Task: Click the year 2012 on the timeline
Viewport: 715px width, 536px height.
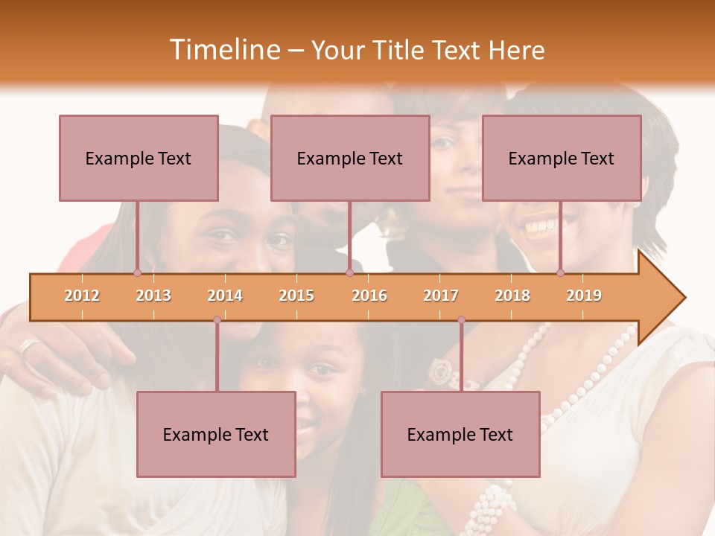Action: [x=82, y=296]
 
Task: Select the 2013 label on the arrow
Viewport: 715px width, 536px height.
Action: [x=153, y=296]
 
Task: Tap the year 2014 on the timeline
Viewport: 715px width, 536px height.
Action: [x=225, y=296]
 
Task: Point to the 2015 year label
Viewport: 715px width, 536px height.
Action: [x=296, y=296]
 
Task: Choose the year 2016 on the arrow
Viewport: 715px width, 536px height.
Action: [x=369, y=296]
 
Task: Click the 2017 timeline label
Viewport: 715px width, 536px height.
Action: [x=441, y=296]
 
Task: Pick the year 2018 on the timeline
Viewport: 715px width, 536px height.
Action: [x=512, y=296]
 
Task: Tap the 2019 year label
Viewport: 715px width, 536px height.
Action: [x=584, y=296]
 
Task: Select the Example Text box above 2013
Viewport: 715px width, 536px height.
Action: [x=139, y=158]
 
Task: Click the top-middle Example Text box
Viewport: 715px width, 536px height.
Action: [x=350, y=158]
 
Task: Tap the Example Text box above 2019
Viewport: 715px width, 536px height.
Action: [x=562, y=158]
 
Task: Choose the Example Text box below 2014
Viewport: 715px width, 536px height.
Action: [x=216, y=434]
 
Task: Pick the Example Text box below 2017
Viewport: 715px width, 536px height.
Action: [x=460, y=434]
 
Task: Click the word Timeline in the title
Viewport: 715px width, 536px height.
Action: [x=223, y=50]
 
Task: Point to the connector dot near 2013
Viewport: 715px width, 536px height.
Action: [x=137, y=272]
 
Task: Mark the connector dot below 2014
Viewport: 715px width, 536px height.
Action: [x=217, y=320]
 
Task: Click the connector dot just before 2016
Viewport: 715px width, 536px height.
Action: [x=349, y=272]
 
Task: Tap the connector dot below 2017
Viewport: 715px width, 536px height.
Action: [x=461, y=320]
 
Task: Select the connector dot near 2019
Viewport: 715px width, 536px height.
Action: [x=560, y=272]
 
